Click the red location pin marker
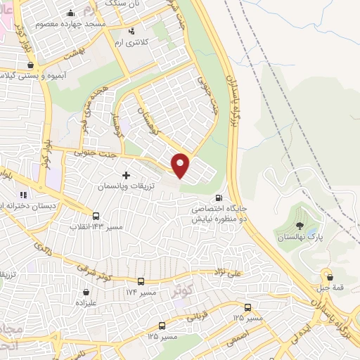tap(181, 164)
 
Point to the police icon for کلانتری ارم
tap(131, 31)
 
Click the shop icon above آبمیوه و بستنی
tap(30, 65)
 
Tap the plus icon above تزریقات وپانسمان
tap(126, 174)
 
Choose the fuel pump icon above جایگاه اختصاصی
tap(221, 198)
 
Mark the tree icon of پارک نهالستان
tap(300, 226)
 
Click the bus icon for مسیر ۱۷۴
tap(141, 281)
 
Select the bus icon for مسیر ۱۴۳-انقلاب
tap(96, 217)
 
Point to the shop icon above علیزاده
tap(86, 291)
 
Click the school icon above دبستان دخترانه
tap(22, 195)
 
